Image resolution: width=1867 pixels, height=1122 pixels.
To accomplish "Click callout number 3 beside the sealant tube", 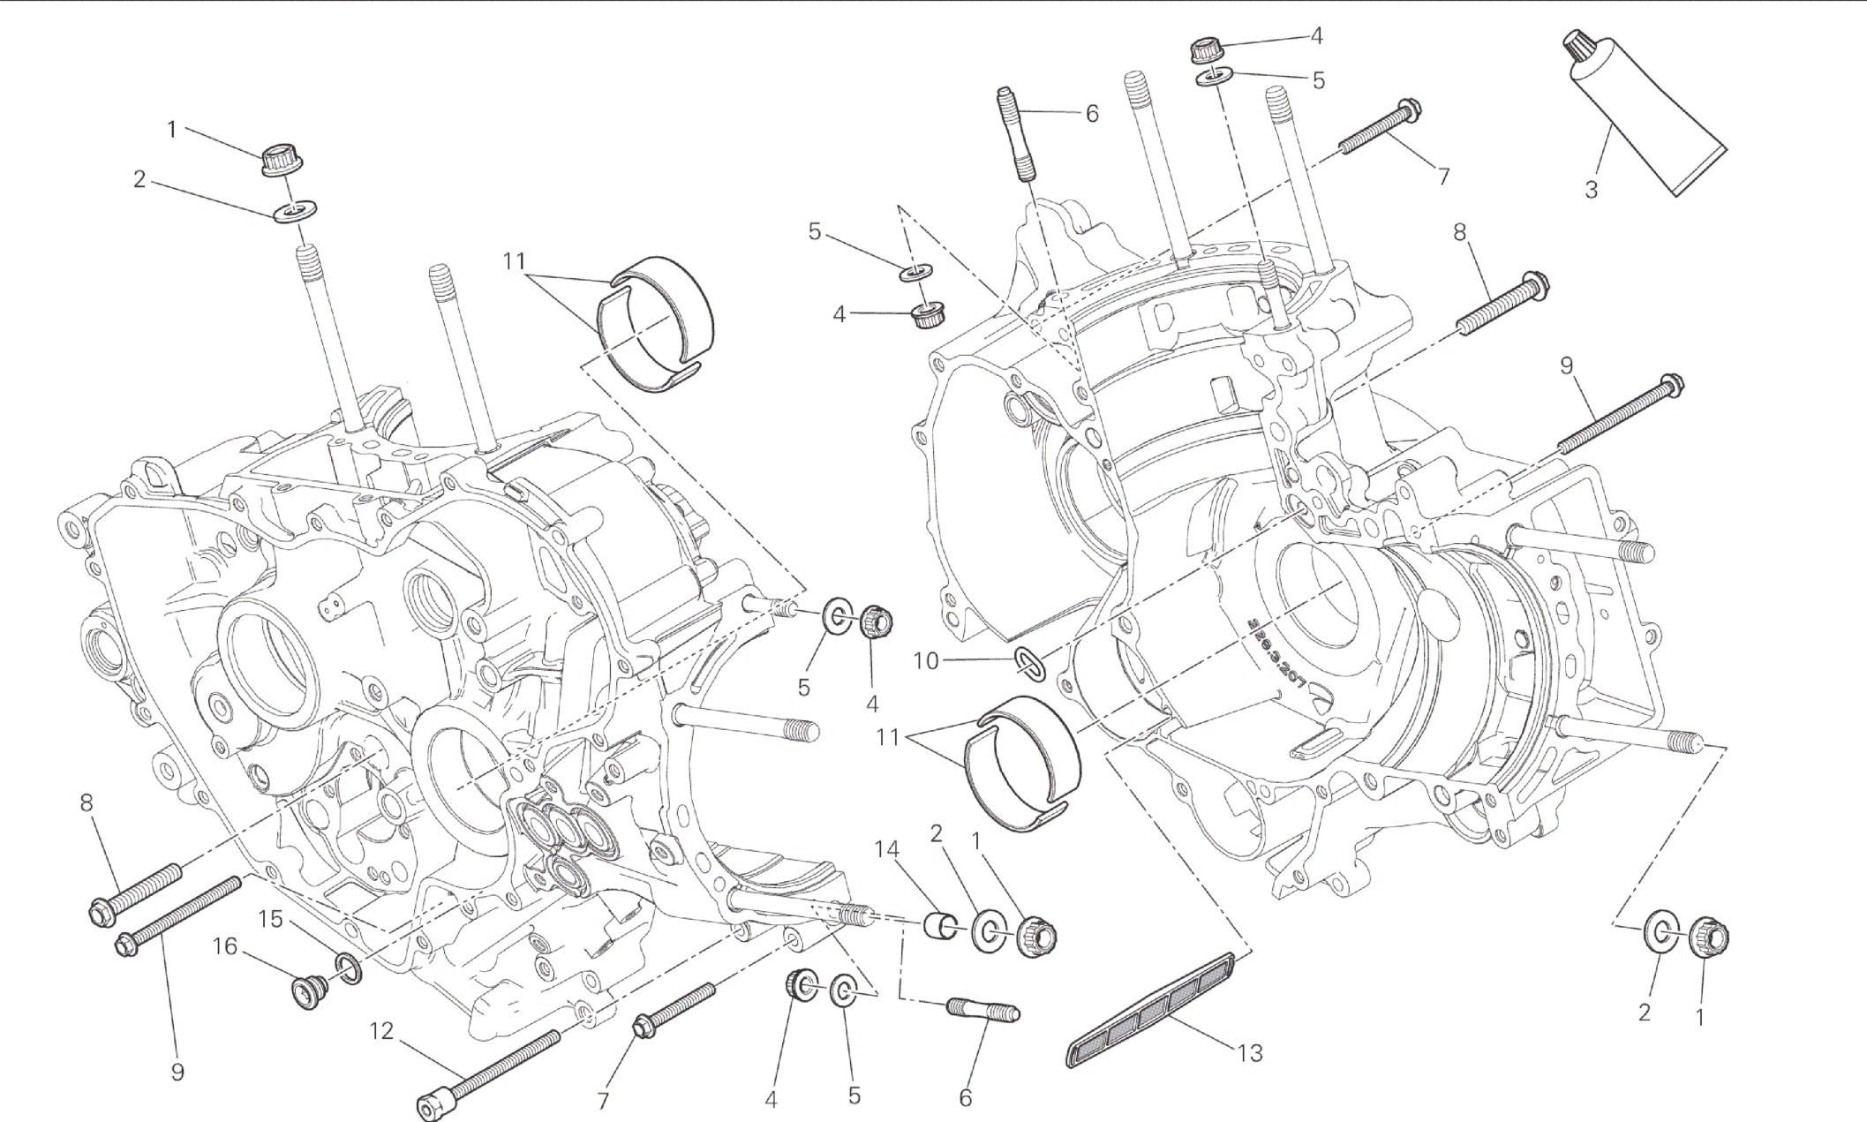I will tap(1592, 190).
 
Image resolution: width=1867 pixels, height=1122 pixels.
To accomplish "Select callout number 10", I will tap(926, 660).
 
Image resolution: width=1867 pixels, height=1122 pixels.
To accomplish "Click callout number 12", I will tap(380, 1031).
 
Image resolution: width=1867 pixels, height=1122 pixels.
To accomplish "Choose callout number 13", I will tap(1250, 1052).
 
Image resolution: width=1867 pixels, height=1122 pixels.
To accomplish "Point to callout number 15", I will tap(270, 920).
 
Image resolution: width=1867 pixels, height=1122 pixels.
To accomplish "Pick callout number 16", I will tap(226, 947).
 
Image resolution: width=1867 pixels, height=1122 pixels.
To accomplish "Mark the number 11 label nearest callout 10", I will tap(888, 736).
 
